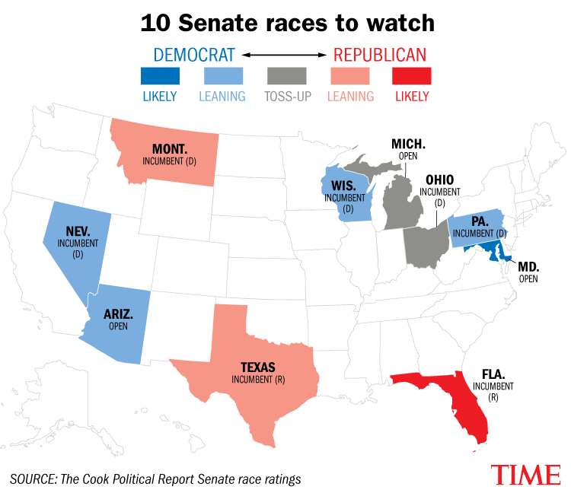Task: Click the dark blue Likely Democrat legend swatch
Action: pos(160,76)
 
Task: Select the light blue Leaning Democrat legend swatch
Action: pos(223,76)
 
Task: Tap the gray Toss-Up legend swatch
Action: pos(286,76)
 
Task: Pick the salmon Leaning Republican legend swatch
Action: pos(350,76)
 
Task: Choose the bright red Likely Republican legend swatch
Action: pos(412,76)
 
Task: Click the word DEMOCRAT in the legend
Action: pos(194,56)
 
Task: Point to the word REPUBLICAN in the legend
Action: pos(380,56)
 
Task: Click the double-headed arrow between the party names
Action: pos(285,55)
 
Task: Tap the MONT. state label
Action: pos(170,149)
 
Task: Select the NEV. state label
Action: pos(78,231)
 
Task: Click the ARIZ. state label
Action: pos(118,314)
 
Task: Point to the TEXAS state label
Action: pos(258,367)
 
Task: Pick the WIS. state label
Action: pos(344,186)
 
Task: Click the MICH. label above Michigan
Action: pos(408,144)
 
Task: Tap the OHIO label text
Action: pos(440,180)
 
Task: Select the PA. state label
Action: pos(480,221)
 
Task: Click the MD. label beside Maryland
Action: pos(529,267)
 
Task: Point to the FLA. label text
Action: pos(493,374)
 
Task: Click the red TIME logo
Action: pos(526,475)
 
